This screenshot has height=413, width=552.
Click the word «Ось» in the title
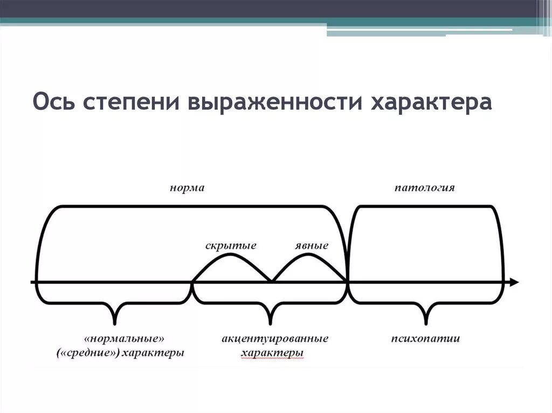click(x=53, y=102)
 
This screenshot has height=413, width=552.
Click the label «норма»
click(x=187, y=188)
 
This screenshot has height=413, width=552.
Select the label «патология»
click(x=425, y=188)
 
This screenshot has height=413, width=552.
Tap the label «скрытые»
click(x=231, y=246)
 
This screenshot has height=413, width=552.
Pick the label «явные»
click(x=312, y=246)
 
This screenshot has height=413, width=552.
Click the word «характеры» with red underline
click(x=272, y=353)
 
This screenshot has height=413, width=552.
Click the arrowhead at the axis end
click(x=514, y=282)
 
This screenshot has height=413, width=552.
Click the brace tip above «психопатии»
click(x=425, y=323)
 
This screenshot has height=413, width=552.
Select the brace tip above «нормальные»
click(x=115, y=323)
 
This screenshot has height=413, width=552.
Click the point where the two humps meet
click(x=271, y=281)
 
